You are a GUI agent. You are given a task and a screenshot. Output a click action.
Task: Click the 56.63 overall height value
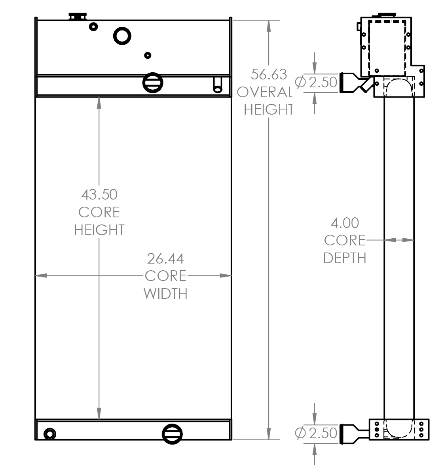tap(269, 74)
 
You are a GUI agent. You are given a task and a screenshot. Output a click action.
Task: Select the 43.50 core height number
tap(99, 194)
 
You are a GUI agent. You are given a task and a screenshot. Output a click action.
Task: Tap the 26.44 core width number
tap(165, 258)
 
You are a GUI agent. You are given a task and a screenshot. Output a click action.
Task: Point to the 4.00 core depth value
tap(345, 223)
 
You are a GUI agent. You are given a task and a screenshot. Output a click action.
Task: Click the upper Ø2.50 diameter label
tap(317, 82)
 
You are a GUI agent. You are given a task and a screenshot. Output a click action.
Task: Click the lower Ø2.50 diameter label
tap(316, 433)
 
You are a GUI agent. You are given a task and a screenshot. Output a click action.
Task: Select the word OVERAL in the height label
tap(264, 92)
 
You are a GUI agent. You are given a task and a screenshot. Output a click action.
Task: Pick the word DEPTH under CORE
tap(345, 258)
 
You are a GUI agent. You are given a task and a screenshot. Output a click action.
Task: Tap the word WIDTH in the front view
tap(165, 294)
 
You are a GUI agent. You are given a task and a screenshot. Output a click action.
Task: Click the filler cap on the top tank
tap(78, 16)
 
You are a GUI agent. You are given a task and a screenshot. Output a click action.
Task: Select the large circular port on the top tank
tap(122, 36)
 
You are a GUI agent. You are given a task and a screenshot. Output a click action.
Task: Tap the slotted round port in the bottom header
tap(172, 434)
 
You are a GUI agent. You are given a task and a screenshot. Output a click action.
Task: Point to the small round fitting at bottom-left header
tap(50, 434)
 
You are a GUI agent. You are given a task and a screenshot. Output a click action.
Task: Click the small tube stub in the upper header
tap(218, 85)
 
